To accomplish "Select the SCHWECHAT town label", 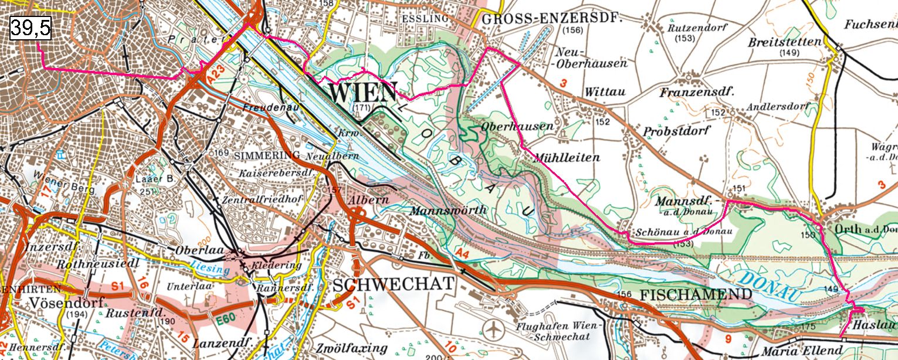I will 394,284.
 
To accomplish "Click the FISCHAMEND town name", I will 696,294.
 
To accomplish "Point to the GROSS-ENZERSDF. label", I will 551,19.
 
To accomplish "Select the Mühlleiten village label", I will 566,157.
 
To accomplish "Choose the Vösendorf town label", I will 65,303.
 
